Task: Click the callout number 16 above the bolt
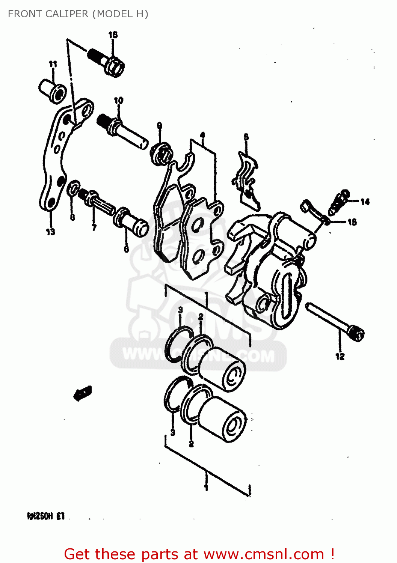(x=113, y=35)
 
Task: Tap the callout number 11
(x=53, y=64)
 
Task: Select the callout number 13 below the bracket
(x=50, y=232)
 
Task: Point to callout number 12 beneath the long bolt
(x=340, y=356)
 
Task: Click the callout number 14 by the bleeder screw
(x=365, y=202)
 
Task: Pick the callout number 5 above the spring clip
(x=246, y=137)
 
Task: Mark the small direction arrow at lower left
(x=82, y=393)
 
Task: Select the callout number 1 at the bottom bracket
(x=206, y=487)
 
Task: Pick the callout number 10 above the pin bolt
(x=118, y=101)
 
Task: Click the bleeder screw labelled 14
(x=338, y=202)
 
